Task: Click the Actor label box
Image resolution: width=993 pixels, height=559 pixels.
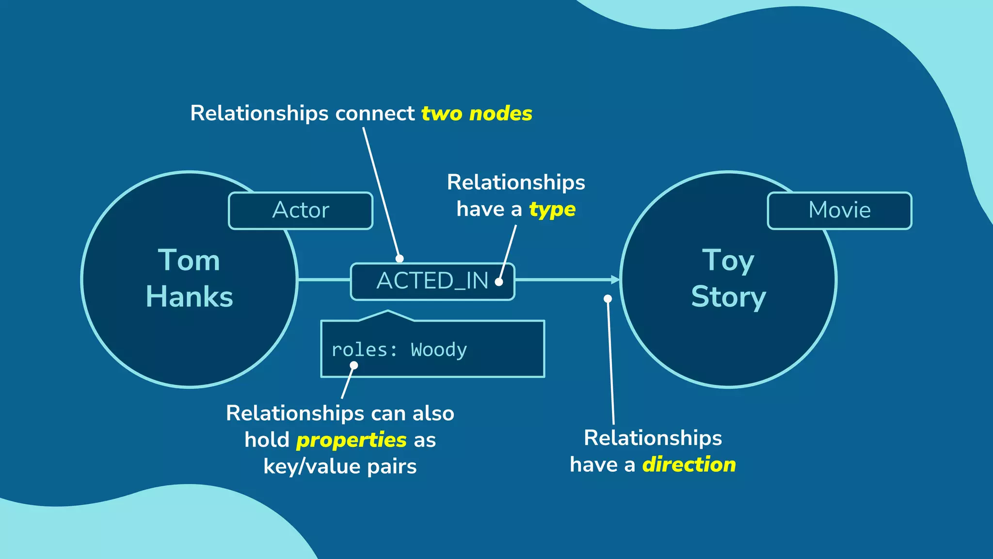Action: (301, 211)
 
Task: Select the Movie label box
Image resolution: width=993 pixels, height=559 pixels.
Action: (839, 211)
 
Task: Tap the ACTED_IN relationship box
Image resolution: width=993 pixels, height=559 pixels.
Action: (432, 281)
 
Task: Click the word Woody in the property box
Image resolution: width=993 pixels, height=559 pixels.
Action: (439, 350)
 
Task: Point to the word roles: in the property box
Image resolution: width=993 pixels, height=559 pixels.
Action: (364, 350)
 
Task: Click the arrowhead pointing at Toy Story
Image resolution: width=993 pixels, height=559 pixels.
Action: (615, 279)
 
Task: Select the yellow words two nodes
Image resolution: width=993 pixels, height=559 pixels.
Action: (477, 114)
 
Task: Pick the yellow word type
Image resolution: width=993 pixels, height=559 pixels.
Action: (552, 210)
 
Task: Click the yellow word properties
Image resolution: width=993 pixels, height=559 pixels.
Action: (352, 440)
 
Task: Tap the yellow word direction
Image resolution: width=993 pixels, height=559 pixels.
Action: (689, 465)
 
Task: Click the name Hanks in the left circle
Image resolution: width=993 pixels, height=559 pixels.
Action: (190, 297)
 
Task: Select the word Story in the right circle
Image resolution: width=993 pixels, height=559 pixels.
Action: (729, 297)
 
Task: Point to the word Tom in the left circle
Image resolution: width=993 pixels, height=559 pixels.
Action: (189, 261)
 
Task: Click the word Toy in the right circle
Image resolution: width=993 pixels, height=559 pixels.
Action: (728, 261)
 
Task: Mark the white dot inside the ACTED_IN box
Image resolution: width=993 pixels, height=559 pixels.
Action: (499, 282)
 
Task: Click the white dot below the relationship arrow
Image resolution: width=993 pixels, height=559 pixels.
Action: (608, 299)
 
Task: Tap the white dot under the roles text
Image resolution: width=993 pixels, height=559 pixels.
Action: (354, 365)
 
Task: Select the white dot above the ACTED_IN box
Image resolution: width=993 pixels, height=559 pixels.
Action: (400, 259)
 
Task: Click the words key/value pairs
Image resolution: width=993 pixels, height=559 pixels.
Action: (340, 467)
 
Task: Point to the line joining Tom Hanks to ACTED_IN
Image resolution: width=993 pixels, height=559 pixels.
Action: (324, 279)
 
